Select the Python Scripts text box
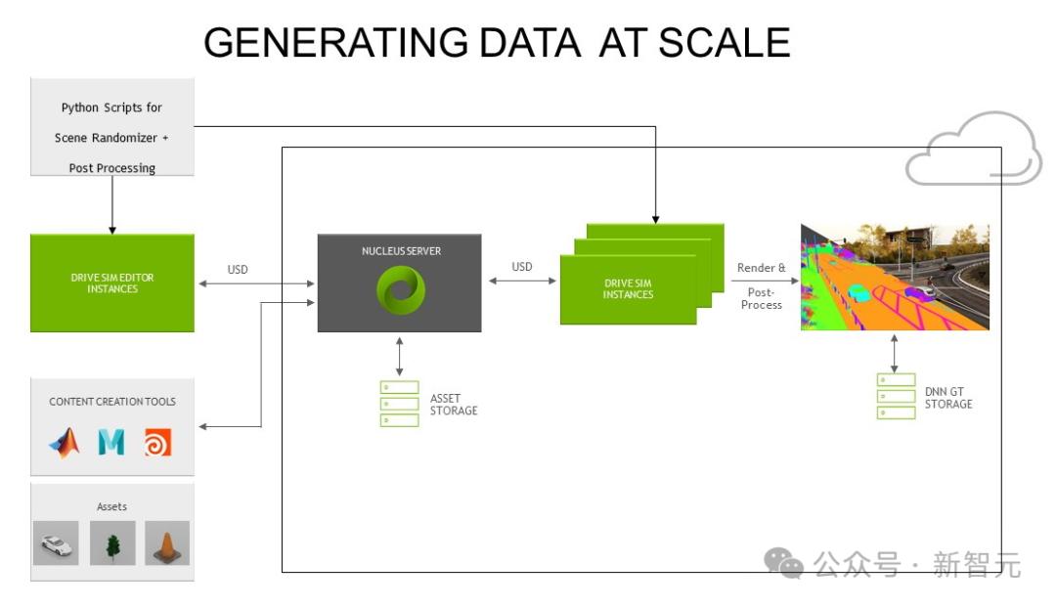(111, 137)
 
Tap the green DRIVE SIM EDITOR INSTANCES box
(111, 282)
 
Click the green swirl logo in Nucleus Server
(399, 290)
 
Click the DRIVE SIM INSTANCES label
(628, 288)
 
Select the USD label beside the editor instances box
(238, 269)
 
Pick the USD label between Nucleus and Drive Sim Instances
(522, 267)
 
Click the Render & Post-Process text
(762, 285)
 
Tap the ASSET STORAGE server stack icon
(399, 403)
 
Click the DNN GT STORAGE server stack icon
(896, 396)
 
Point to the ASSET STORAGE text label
(454, 404)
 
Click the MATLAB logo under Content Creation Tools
(65, 444)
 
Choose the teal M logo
(111, 444)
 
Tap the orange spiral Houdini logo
(157, 444)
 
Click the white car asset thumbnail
(56, 542)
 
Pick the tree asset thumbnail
(112, 542)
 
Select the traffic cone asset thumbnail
(167, 542)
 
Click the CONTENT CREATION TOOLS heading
(112, 402)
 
